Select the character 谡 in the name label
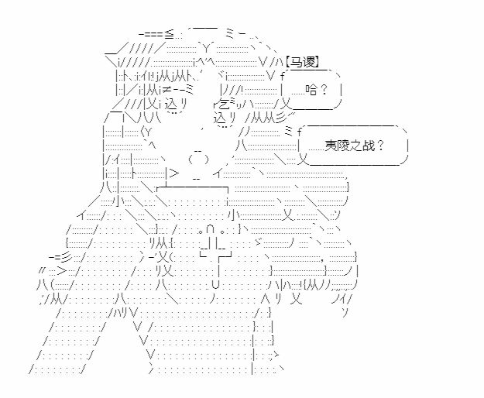308,62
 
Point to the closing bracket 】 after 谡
317,62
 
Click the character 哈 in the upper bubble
312,90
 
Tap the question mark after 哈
324,90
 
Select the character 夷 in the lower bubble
331,145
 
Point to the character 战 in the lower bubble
369,145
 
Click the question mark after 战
380,145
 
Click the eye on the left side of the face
175,105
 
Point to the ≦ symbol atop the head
169,33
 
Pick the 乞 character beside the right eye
224,105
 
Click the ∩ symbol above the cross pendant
210,230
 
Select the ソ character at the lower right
345,313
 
